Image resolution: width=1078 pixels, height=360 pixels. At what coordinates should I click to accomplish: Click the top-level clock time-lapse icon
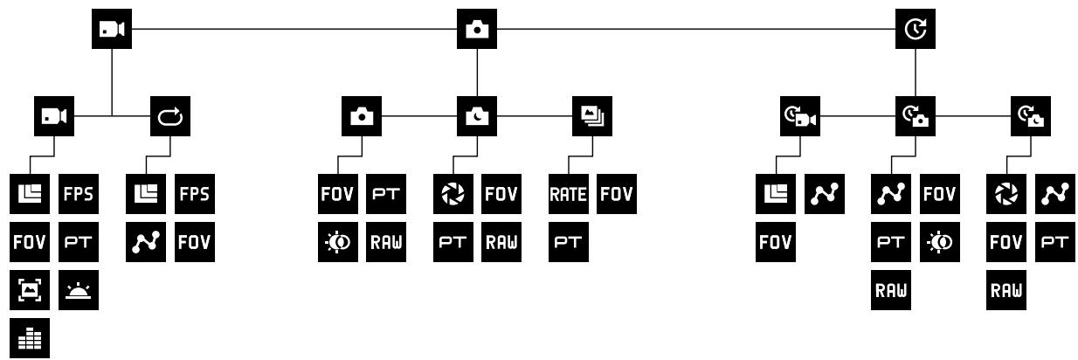(915, 29)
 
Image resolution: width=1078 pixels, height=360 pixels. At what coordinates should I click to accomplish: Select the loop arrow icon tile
(169, 116)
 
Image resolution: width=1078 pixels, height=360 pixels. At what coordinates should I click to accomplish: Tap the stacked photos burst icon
(592, 116)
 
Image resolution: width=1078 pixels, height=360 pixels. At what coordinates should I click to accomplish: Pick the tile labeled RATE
(569, 194)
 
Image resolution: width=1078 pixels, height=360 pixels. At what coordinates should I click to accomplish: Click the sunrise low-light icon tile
(79, 290)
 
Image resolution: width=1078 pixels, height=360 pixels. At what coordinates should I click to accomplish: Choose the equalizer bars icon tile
(30, 338)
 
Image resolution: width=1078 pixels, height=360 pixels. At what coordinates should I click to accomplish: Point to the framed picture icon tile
(30, 290)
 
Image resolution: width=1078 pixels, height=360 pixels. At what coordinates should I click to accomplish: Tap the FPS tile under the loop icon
(195, 194)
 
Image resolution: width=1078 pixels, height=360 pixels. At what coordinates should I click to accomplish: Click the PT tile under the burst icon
(569, 242)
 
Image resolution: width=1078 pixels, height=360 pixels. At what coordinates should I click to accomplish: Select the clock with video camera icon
(800, 116)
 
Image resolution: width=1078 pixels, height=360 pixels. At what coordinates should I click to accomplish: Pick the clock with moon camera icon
(1030, 116)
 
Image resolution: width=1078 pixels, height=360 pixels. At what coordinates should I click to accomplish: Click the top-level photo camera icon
(476, 29)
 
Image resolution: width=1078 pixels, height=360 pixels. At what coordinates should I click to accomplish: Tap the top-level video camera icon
(112, 29)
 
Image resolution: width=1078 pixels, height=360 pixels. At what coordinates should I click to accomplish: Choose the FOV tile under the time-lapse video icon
(775, 242)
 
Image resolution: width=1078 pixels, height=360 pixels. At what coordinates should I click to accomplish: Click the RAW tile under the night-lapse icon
(1005, 290)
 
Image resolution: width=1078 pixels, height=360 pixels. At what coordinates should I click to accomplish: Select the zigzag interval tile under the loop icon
(146, 242)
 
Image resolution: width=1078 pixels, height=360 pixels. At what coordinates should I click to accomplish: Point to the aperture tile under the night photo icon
(453, 194)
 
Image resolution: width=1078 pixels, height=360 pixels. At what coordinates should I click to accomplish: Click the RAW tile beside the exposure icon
(386, 242)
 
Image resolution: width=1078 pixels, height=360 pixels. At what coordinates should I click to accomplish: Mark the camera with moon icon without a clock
(476, 116)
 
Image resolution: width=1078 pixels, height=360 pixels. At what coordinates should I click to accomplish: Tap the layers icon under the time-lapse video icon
(775, 194)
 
